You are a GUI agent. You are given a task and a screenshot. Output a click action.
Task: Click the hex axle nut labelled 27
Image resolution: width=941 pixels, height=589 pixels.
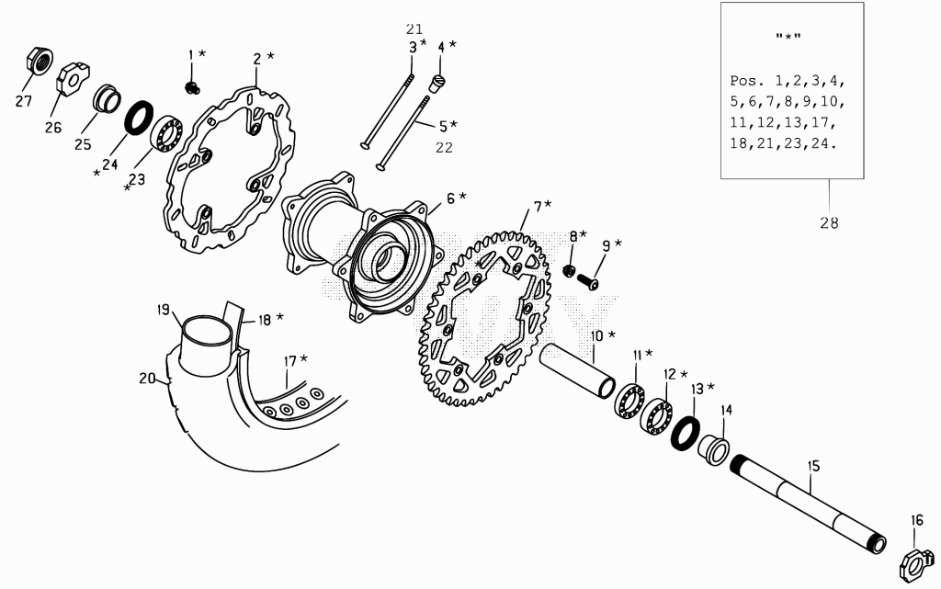(x=40, y=61)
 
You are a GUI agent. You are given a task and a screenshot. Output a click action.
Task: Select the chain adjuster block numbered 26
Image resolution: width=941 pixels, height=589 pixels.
(x=73, y=78)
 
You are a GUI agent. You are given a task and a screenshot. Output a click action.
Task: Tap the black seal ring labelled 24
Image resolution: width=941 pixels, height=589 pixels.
(x=139, y=118)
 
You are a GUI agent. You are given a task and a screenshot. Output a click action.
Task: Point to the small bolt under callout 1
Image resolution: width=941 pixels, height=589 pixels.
(x=192, y=87)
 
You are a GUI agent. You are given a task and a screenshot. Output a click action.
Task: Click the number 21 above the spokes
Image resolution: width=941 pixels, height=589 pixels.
(x=414, y=28)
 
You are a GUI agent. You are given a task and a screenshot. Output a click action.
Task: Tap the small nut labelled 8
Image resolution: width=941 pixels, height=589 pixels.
(x=569, y=271)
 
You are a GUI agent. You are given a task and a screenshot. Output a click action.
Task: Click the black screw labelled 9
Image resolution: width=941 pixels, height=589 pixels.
(x=588, y=280)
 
